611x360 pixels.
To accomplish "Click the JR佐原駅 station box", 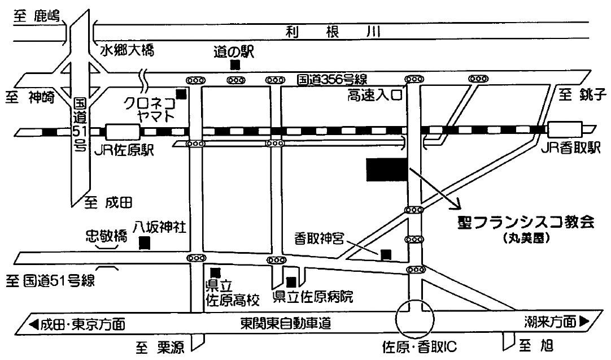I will point(123,132).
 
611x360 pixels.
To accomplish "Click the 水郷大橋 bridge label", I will point(126,50).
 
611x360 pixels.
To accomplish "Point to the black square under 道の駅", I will point(234,65).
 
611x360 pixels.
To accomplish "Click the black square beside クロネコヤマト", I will point(181,94).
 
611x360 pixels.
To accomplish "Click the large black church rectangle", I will point(387,170).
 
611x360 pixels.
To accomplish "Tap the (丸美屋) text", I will point(526,238).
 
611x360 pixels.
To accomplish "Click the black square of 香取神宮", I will point(385,254).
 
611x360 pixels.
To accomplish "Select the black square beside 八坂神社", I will point(145,244).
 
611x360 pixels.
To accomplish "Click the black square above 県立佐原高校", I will point(215,272).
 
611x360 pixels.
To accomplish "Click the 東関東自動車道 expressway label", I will point(285,324).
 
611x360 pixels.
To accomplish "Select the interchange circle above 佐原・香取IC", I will point(416,318).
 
